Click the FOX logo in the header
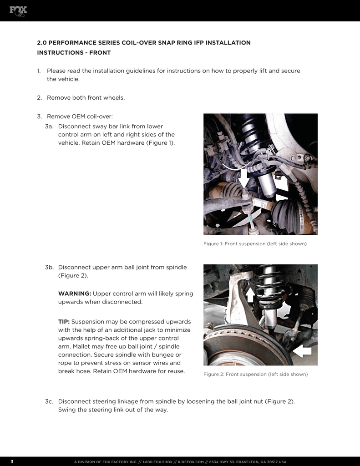click(18, 10)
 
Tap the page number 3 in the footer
click(12, 462)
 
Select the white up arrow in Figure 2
click(250, 294)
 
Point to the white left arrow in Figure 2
click(302, 351)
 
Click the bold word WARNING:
click(75, 293)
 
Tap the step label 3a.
click(50, 126)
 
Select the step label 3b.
click(50, 267)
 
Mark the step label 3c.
click(50, 401)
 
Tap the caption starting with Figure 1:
click(255, 244)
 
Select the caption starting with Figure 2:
click(255, 374)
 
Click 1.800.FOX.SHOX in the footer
click(157, 462)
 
